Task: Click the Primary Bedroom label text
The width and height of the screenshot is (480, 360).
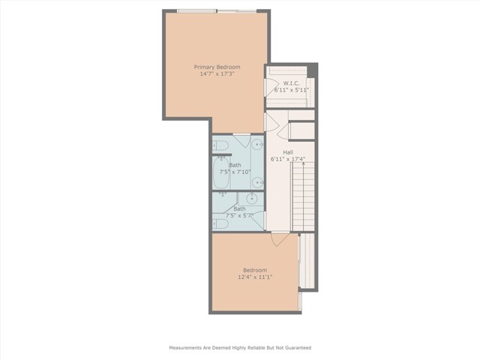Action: [x=217, y=67]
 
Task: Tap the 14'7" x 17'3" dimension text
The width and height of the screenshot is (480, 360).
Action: [x=217, y=74]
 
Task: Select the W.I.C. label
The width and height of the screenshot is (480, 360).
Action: [x=291, y=82]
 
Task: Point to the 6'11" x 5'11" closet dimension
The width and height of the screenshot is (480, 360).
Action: [x=292, y=90]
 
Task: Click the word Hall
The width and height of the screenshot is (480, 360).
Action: [x=287, y=152]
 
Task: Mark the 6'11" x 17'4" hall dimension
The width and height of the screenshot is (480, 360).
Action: [x=287, y=160]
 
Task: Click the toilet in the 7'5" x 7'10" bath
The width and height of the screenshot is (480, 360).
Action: [x=220, y=145]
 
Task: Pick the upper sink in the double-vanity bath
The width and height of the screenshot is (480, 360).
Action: [x=258, y=145]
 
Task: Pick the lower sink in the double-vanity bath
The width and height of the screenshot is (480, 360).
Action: [x=258, y=181]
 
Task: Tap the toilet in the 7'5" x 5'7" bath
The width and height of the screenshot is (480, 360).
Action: [x=220, y=223]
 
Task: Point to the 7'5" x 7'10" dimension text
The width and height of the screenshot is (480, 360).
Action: [x=235, y=172]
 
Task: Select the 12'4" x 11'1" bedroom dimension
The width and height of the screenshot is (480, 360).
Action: [x=254, y=277]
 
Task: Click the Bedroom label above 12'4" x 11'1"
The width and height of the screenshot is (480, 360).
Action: [x=254, y=270]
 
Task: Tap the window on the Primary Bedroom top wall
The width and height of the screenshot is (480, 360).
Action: [x=217, y=10]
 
